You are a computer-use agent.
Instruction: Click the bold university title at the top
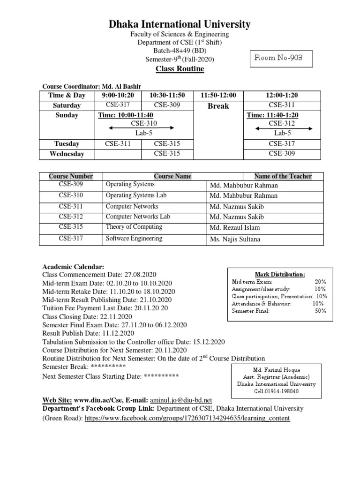pos(180,24)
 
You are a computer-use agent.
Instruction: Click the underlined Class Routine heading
pos(180,69)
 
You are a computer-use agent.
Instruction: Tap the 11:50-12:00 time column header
pos(218,95)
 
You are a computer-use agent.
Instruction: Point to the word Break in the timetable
pos(218,106)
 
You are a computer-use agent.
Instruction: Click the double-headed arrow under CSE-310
pos(141,127)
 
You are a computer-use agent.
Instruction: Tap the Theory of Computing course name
pos(134,227)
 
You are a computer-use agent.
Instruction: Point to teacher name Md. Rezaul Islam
pos(234,228)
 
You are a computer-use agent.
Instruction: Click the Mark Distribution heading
pos(280,274)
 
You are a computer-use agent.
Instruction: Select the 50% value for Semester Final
pos(321,311)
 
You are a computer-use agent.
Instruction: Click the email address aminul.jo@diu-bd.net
pos(181,400)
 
